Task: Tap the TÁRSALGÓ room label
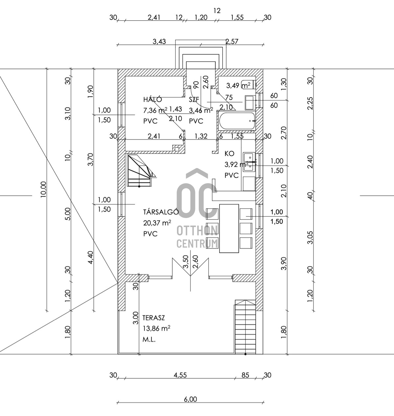click(161, 212)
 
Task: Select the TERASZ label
click(153, 318)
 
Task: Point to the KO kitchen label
click(230, 154)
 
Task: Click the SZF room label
click(194, 99)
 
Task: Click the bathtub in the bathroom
click(237, 121)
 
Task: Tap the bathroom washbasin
click(251, 103)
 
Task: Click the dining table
click(229, 228)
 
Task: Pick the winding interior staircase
click(141, 170)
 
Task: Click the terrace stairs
click(245, 327)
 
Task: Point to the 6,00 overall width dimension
click(190, 399)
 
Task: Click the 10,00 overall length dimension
click(43, 189)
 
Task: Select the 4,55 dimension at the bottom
click(180, 375)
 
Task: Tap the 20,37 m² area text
click(157, 223)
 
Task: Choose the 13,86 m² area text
click(157, 328)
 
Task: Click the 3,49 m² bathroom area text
click(238, 85)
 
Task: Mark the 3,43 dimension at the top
click(159, 41)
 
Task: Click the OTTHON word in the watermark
click(197, 230)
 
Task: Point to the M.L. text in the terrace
click(149, 339)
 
